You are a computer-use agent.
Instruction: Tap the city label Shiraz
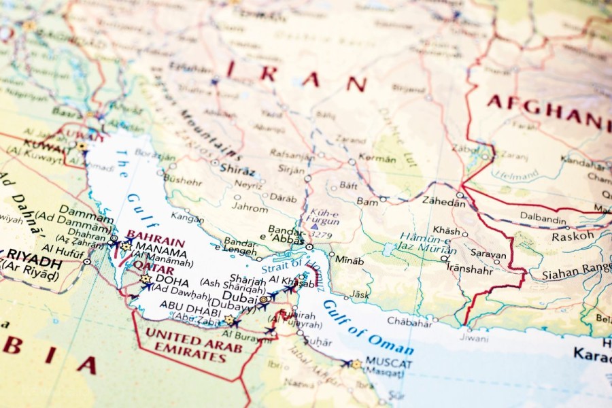237,171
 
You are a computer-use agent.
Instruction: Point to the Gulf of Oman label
368,327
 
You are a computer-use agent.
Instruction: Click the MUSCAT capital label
388,362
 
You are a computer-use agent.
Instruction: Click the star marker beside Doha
145,279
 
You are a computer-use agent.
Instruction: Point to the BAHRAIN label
156,241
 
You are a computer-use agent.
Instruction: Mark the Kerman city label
377,159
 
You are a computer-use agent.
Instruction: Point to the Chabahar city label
409,322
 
